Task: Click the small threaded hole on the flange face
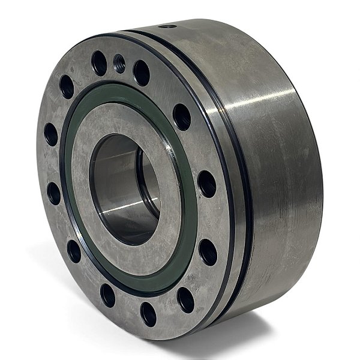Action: click(x=119, y=61)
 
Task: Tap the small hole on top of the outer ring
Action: click(x=169, y=26)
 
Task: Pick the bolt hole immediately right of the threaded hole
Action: click(x=142, y=73)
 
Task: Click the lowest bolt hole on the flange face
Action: click(x=148, y=313)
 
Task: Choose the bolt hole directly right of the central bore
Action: click(x=206, y=183)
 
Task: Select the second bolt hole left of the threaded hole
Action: click(x=67, y=87)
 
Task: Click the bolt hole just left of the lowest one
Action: click(x=108, y=295)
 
